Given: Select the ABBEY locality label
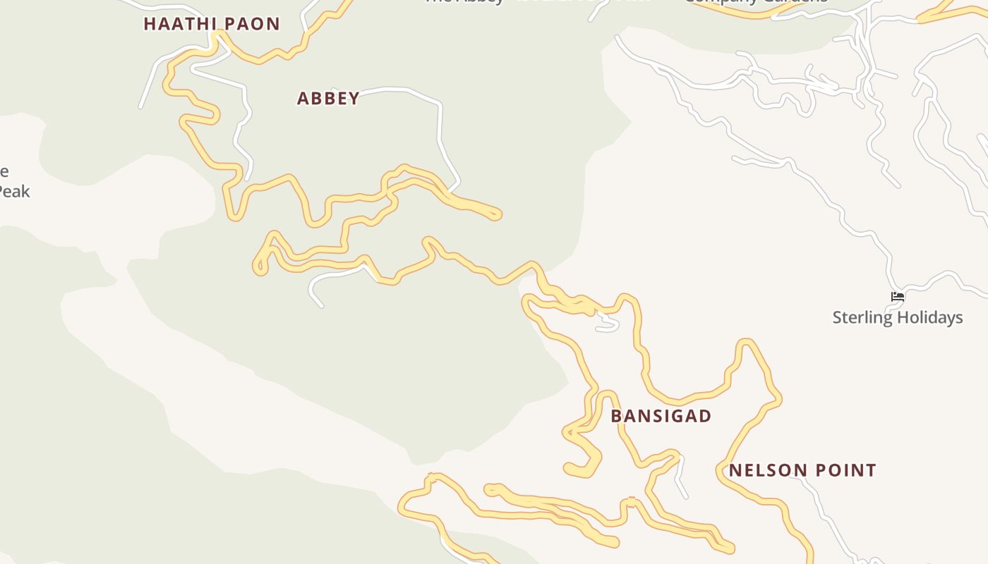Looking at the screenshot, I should [x=328, y=99].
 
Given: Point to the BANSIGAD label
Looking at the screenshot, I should [x=661, y=416].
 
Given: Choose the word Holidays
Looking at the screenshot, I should [x=929, y=317].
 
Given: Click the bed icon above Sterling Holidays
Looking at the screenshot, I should [x=898, y=297].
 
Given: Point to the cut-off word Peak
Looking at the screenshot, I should [x=14, y=191].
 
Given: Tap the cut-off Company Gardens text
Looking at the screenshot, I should [x=755, y=2].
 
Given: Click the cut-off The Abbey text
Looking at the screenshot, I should [x=464, y=2].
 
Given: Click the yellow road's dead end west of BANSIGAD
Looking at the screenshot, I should [x=569, y=468].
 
